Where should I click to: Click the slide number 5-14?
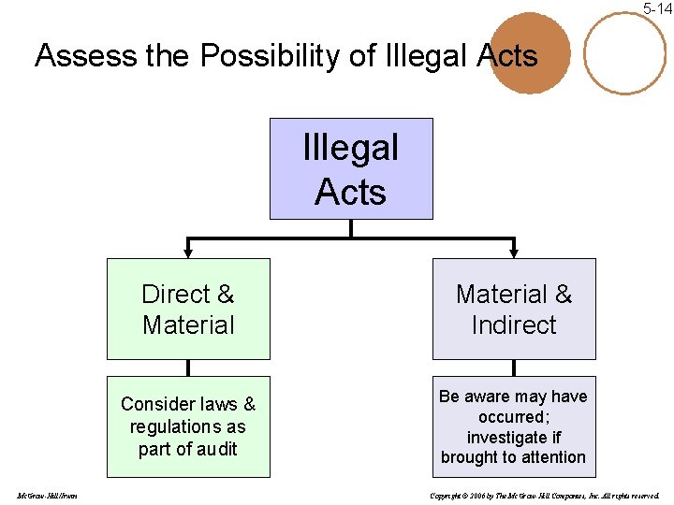click(657, 8)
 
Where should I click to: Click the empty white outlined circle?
click(624, 53)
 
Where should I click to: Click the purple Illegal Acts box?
click(351, 169)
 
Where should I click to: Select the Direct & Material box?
click(188, 310)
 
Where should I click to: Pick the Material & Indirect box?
click(513, 310)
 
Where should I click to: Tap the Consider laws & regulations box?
click(188, 426)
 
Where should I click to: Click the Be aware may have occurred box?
click(513, 426)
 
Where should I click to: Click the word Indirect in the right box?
click(513, 325)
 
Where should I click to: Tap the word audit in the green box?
click(215, 449)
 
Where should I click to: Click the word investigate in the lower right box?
click(514, 438)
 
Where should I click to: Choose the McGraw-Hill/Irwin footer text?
click(47, 495)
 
